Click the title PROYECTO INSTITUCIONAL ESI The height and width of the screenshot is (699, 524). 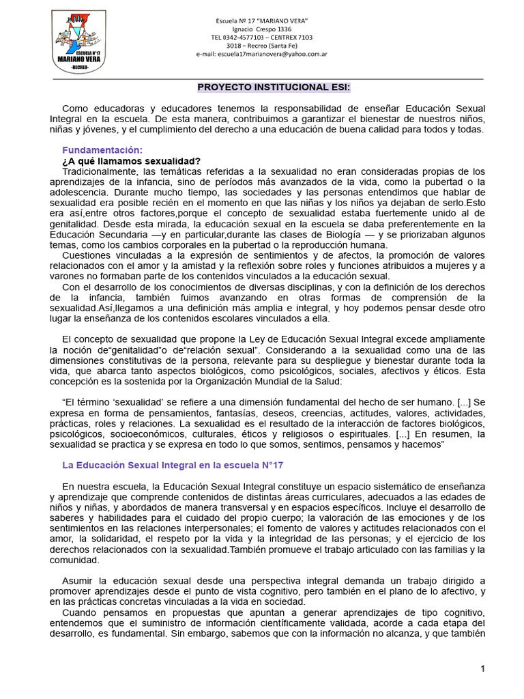click(274, 87)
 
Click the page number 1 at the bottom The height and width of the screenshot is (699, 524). click(482, 669)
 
